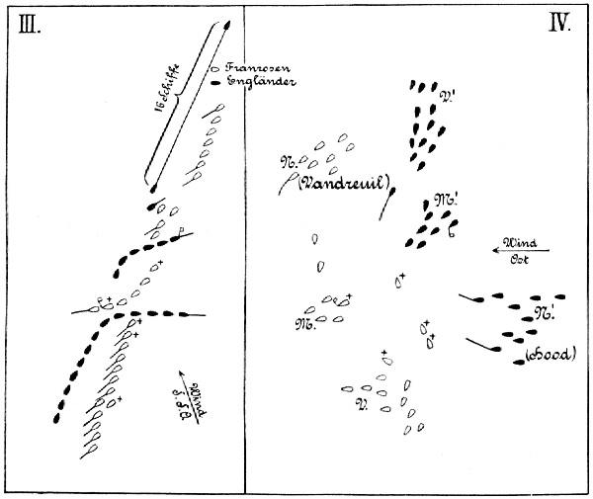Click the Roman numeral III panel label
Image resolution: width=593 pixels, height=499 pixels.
tap(30, 26)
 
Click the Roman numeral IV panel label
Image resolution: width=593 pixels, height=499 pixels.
tap(559, 24)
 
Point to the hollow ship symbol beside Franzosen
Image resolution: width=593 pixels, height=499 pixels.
tap(214, 68)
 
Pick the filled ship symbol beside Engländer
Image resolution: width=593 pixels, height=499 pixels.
tap(214, 84)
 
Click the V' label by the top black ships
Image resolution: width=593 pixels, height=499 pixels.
tap(448, 96)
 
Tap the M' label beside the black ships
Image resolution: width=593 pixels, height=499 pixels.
tap(448, 199)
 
